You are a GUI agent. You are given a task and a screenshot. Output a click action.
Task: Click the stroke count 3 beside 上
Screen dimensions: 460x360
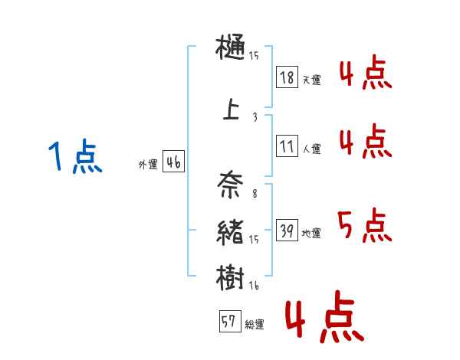point(255,117)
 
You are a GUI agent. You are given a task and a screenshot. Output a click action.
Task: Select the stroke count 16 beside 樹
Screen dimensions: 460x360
point(254,286)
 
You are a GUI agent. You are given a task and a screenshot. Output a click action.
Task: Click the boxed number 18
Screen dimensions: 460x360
point(287,77)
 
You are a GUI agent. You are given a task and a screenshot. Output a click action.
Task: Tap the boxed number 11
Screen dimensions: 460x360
point(287,146)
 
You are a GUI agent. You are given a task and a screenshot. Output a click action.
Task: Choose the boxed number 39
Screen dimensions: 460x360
point(287,231)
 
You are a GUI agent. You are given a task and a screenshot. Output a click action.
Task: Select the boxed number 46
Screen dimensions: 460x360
point(172,162)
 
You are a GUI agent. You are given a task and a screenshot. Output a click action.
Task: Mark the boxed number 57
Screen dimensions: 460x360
point(228,322)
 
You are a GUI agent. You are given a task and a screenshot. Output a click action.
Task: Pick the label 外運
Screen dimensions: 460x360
point(147,165)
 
